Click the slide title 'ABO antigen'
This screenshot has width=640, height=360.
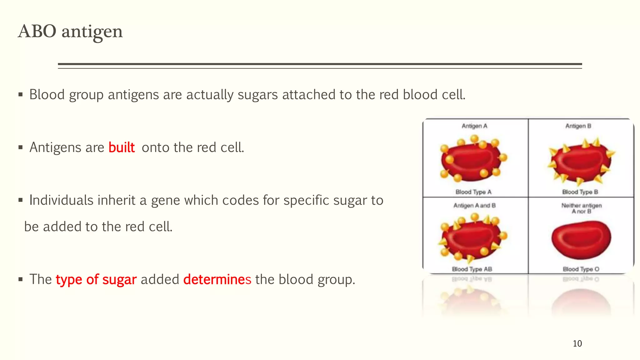coord(70,32)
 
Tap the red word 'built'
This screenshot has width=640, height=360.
coord(122,147)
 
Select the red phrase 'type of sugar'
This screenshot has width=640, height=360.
coord(96,279)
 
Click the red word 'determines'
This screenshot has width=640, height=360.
coord(217,279)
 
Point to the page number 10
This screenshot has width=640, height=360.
coord(577,343)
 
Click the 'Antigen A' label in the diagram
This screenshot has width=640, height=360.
coord(474,126)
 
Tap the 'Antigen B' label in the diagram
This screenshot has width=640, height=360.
coord(578,126)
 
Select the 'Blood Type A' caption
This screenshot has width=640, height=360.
coord(473,192)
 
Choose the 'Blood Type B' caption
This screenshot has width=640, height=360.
coord(580,192)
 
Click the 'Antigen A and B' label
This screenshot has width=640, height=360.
coord(474,205)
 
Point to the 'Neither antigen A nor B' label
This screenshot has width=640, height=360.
coord(581,208)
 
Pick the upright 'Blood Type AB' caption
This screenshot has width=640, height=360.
coord(472,269)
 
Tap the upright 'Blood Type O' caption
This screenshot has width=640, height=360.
coord(581,269)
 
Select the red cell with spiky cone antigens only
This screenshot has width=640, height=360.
coord(581,162)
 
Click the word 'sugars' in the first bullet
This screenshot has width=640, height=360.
coord(257,95)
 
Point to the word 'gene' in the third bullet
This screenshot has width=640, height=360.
coord(165,200)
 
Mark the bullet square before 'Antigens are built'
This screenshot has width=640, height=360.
coord(21,147)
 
